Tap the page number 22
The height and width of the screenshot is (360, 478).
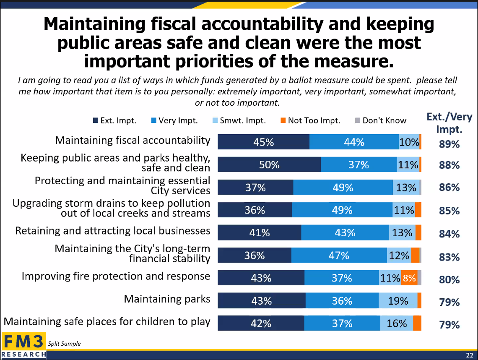pos(470,356)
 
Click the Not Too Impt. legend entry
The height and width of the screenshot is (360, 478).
pos(310,121)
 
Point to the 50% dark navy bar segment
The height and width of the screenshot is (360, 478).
pos(269,165)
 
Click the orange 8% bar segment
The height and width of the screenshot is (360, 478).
pos(409,278)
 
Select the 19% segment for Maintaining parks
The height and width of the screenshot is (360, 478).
pos(398,301)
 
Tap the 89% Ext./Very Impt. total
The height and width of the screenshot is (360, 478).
pos(449,144)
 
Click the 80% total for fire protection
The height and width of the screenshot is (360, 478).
pos(449,279)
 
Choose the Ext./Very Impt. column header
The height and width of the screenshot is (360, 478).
pos(449,123)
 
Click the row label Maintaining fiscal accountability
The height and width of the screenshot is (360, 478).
pos(132,140)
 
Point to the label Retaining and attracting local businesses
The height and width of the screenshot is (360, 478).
pos(113,231)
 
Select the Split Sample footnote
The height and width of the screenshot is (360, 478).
pos(65,344)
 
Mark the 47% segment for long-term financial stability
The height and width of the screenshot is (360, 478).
pos(339,255)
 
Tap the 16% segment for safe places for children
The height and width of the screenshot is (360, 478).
pos(397,323)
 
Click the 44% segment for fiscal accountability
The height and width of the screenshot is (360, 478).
pos(354,142)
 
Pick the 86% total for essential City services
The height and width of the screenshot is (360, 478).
pos(449,188)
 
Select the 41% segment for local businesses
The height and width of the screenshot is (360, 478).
pos(259,232)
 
